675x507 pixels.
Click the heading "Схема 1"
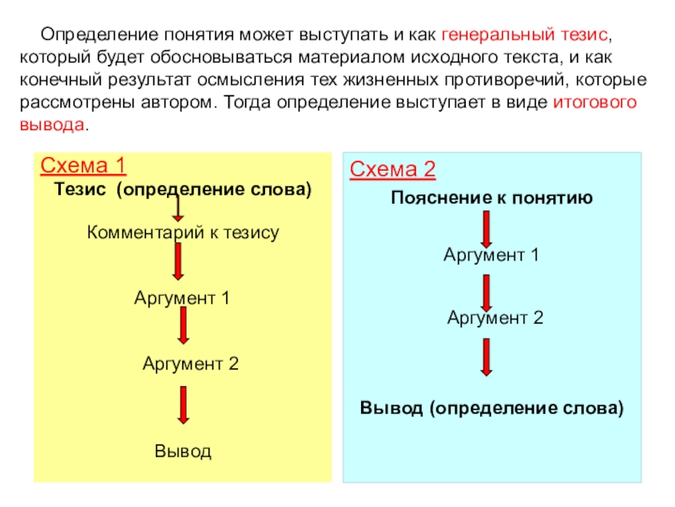[x=83, y=165]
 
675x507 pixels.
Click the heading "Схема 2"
[x=392, y=171]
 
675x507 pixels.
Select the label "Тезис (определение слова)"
[x=183, y=189]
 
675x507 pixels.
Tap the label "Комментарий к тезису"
[x=183, y=232]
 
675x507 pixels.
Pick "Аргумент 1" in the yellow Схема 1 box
[x=182, y=298]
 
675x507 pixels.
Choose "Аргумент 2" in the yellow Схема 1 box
[x=191, y=364]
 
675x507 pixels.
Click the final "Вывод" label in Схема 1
[x=183, y=450]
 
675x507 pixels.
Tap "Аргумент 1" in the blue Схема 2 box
[x=491, y=254]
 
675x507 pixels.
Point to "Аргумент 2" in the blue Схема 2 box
[x=495, y=318]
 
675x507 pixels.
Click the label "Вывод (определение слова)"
[x=492, y=408]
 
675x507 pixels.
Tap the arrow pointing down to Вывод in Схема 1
[x=183, y=406]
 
